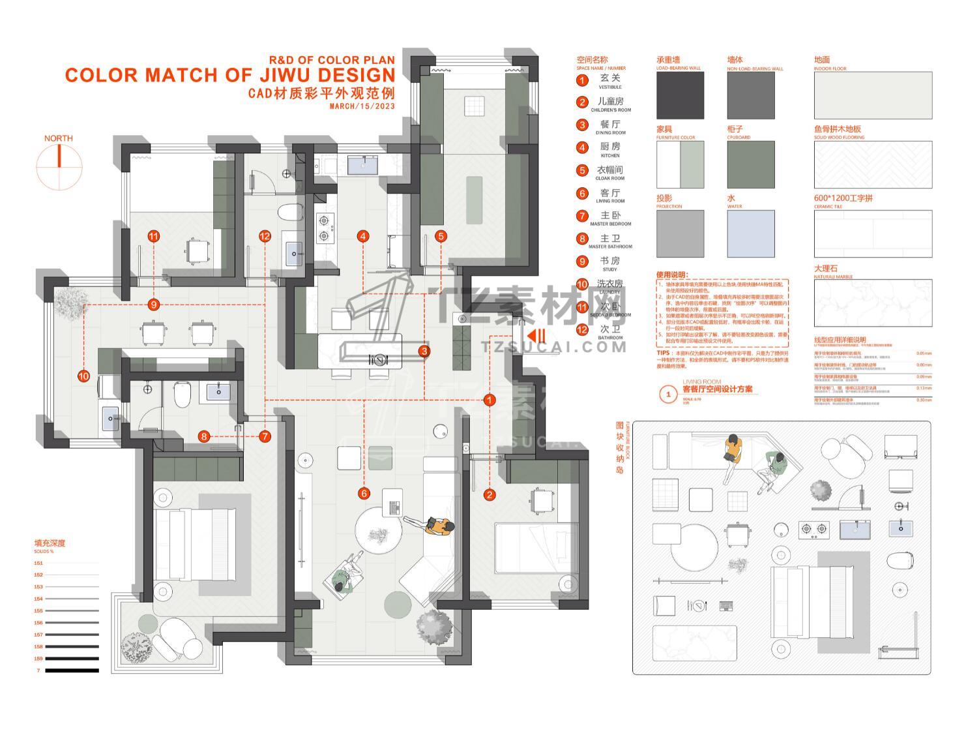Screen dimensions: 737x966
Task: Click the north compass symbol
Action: (x=59, y=167)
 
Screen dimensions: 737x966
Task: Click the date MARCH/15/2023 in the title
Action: (x=362, y=106)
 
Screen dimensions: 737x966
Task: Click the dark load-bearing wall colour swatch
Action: (x=680, y=96)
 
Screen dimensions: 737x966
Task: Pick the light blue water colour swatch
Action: (x=751, y=233)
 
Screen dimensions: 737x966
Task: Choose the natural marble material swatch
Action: (x=873, y=304)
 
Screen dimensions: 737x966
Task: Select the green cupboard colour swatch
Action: (x=751, y=165)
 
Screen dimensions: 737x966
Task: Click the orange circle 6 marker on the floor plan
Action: (x=364, y=494)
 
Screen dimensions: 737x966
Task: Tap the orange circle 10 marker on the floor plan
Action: (x=83, y=376)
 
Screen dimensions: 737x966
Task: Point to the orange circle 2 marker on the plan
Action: (x=490, y=495)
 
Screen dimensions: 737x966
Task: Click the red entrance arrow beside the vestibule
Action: (x=536, y=336)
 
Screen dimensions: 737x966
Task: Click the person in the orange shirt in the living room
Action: (x=438, y=526)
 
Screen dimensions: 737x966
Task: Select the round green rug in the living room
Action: (x=397, y=604)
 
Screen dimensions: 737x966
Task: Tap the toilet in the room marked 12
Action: (x=290, y=213)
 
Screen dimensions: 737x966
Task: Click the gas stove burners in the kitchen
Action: (x=324, y=228)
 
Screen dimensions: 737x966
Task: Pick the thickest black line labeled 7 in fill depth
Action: (x=72, y=670)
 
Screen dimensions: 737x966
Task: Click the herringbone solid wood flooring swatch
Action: (x=873, y=165)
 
